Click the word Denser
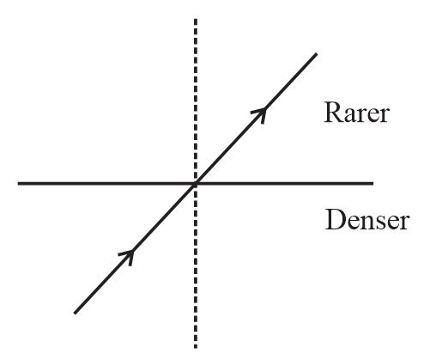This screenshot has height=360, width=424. pyautogui.click(x=367, y=219)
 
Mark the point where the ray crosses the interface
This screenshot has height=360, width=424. pyautogui.click(x=196, y=184)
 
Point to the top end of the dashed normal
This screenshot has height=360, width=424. pyautogui.click(x=196, y=19)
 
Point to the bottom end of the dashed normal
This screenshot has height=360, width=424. pyautogui.click(x=196, y=347)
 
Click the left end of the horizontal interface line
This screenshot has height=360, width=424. pyautogui.click(x=18, y=183)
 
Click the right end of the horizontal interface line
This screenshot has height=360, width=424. pyautogui.click(x=373, y=183)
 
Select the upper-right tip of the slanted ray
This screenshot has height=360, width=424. pyautogui.click(x=316, y=54)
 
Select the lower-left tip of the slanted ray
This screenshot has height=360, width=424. pyautogui.click(x=75, y=313)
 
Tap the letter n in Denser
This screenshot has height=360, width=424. pyautogui.click(x=364, y=223)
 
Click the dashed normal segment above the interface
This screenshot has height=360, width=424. pyautogui.click(x=196, y=101)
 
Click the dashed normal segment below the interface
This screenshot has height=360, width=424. pyautogui.click(x=196, y=266)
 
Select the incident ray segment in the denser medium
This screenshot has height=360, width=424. pyautogui.click(x=135, y=248)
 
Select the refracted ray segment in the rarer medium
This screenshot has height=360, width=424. pyautogui.click(x=256, y=119)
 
